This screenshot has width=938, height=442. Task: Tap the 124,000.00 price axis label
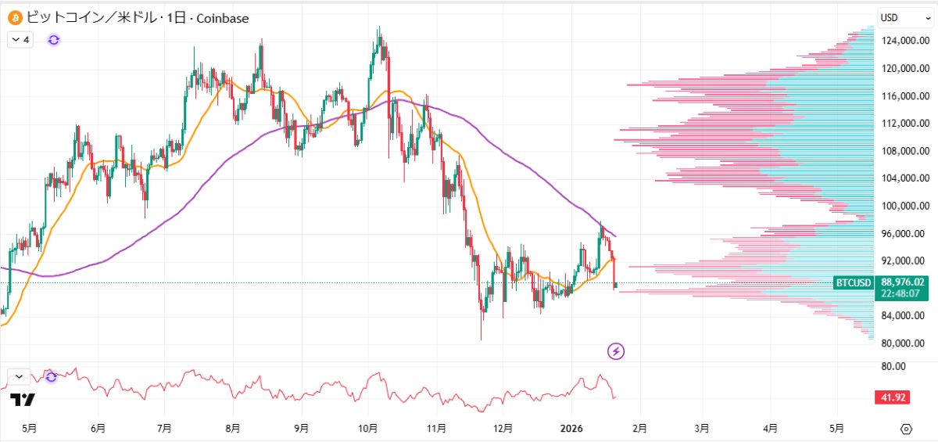(905, 41)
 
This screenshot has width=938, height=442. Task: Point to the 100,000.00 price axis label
(905, 206)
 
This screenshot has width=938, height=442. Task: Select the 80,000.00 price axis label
(905, 343)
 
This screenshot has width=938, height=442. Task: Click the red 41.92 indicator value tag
(892, 397)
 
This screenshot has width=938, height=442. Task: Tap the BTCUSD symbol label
(854, 282)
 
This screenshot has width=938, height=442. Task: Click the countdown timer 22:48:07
(903, 294)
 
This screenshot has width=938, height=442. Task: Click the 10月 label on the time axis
(368, 429)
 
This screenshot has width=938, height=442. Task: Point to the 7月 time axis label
(164, 429)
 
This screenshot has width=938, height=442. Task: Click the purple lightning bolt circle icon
(616, 351)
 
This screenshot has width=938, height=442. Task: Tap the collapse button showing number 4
(21, 40)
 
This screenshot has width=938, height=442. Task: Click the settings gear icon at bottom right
(906, 429)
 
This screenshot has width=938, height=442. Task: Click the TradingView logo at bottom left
(23, 400)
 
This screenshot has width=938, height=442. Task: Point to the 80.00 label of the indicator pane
(894, 366)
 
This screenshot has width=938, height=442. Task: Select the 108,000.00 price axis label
(905, 151)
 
